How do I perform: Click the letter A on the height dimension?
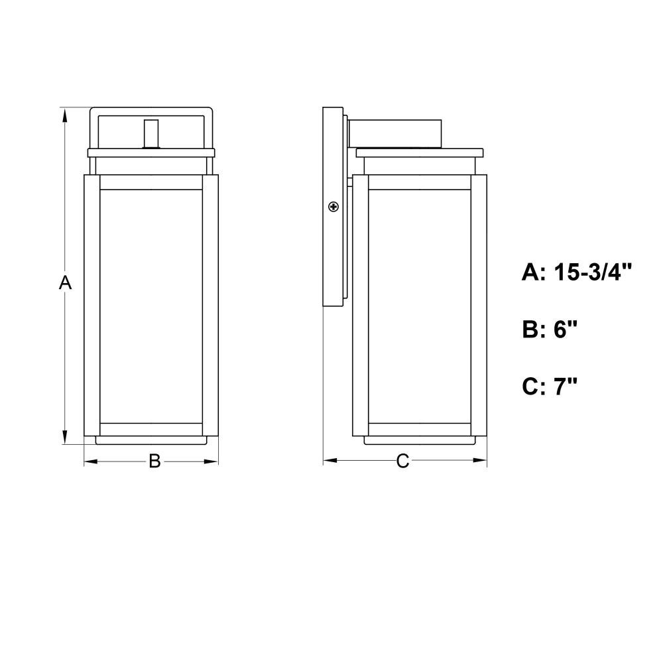(x=65, y=282)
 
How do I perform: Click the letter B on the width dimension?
(x=154, y=461)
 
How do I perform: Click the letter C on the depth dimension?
(x=402, y=461)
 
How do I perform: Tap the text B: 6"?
(x=550, y=329)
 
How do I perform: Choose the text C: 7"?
(x=550, y=386)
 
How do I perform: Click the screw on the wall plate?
(x=333, y=207)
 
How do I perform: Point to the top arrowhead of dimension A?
(x=65, y=115)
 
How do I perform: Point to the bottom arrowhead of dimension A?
(x=65, y=437)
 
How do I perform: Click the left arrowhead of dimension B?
(x=91, y=461)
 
